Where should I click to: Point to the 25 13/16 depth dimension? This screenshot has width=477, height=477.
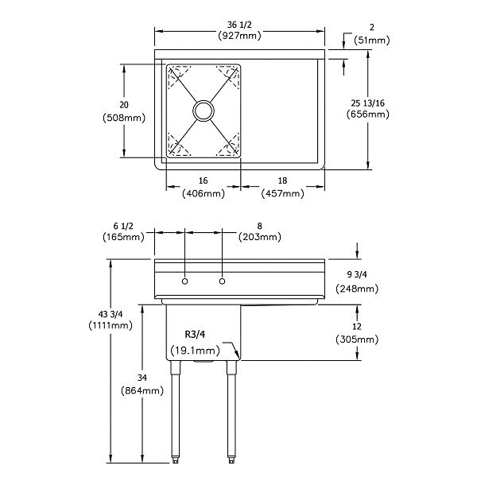tap(367, 103)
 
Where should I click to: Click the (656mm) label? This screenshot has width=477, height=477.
tap(367, 114)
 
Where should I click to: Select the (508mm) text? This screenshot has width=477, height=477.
tap(123, 118)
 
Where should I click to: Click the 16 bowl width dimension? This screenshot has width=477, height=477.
tap(203, 181)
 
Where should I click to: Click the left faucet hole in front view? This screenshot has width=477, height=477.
tap(184, 281)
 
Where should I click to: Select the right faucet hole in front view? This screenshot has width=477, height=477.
tap(223, 281)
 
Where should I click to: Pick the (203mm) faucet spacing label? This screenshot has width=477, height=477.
tap(261, 237)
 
